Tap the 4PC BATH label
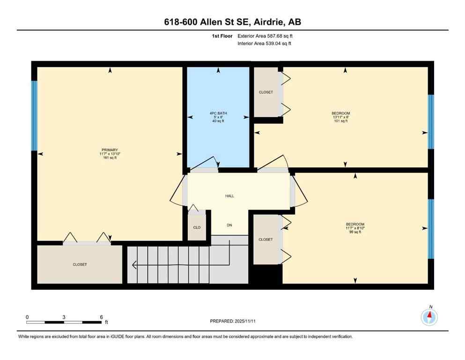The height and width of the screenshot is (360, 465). tap(217, 113)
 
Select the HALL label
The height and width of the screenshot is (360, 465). tap(229, 196)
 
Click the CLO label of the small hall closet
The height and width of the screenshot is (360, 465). tap(197, 227)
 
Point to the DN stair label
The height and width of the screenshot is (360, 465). tap(229, 225)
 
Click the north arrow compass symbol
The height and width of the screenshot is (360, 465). tap(429, 317)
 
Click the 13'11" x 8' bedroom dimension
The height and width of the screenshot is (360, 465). tap(340, 117)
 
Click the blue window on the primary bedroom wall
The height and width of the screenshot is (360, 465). tap(34, 115)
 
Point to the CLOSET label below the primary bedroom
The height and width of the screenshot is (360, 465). tap(80, 264)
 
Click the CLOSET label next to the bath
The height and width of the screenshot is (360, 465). tap(266, 92)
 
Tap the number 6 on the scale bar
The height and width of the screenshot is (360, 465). tap(101, 317)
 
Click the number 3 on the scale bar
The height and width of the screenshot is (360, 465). tap(63, 317)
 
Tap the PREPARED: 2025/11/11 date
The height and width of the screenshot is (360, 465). tap(232, 321)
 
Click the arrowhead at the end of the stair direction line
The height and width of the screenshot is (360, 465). tap(134, 265)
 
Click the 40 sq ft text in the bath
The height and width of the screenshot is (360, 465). tap(217, 121)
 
